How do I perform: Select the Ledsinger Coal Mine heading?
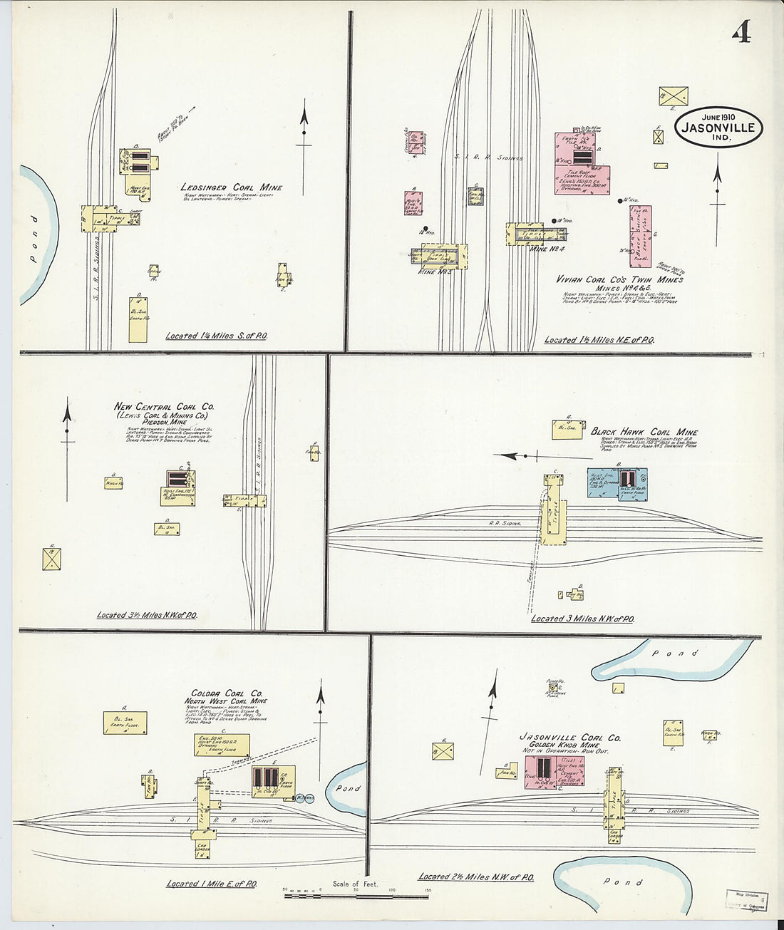pyautogui.click(x=231, y=187)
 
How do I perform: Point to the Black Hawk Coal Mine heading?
pyautogui.click(x=644, y=432)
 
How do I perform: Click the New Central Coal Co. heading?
pyautogui.click(x=164, y=407)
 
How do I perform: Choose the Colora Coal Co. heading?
pyautogui.click(x=227, y=693)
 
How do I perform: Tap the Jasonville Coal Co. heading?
pyautogui.click(x=569, y=738)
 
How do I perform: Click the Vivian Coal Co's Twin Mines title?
pyautogui.click(x=619, y=279)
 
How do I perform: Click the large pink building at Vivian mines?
pyautogui.click(x=582, y=160)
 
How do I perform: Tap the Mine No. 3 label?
pyautogui.click(x=436, y=272)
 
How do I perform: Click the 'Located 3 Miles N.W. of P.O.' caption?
pyautogui.click(x=582, y=619)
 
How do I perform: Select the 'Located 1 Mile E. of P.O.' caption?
pyautogui.click(x=212, y=884)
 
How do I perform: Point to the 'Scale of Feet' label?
pyautogui.click(x=355, y=884)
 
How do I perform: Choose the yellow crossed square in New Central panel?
pyautogui.click(x=51, y=558)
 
